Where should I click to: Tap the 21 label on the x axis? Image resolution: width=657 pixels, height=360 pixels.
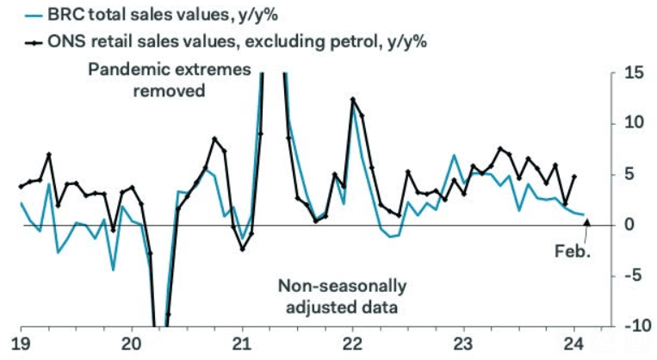[x=242, y=342]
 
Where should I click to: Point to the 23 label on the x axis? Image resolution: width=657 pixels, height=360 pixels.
[x=463, y=342]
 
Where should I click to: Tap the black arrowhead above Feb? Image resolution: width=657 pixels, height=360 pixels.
[x=587, y=223]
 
